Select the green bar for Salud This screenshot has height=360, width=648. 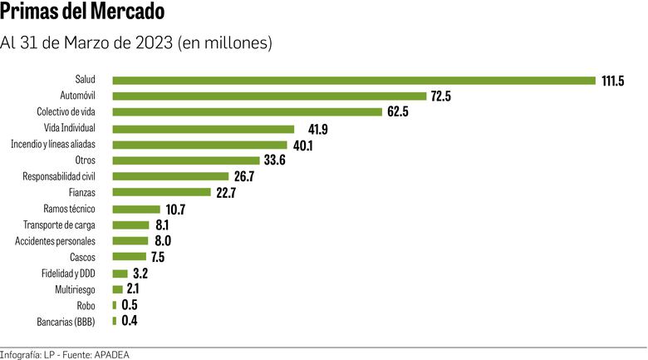click(354, 81)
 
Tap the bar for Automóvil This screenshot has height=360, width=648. click(269, 96)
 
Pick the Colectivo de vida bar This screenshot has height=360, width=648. click(248, 112)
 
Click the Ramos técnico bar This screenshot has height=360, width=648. click(136, 209)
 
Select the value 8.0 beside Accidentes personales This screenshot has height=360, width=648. click(163, 241)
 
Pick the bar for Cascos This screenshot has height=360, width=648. click(129, 257)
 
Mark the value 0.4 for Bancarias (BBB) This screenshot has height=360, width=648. click(130, 321)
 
